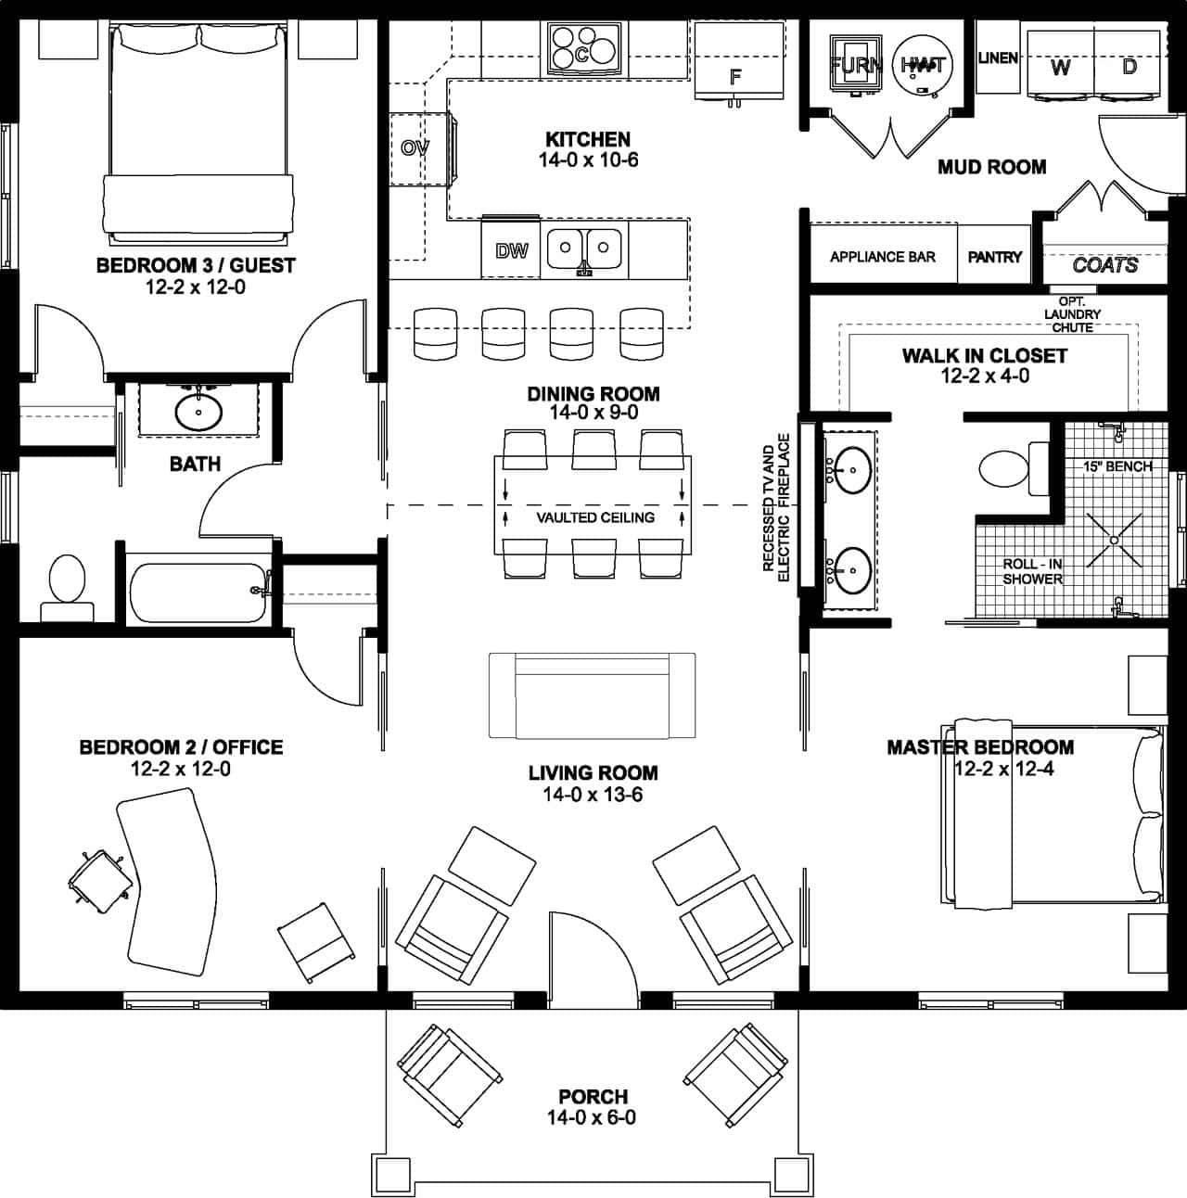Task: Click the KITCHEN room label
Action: tap(587, 140)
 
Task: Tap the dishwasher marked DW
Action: tap(511, 250)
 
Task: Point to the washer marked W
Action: tap(1060, 67)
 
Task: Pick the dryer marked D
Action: tap(1129, 67)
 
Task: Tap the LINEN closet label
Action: tap(998, 57)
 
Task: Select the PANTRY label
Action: tap(994, 257)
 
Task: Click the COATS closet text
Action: tap(1104, 265)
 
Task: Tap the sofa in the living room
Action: tap(593, 695)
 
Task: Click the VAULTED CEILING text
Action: tap(595, 517)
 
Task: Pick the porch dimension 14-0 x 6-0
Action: tap(592, 1117)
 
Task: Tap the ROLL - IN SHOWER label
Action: tap(1031, 571)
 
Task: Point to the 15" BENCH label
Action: tap(1117, 466)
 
